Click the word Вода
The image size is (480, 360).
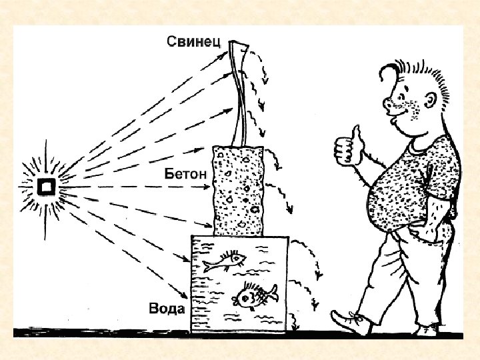[167, 309]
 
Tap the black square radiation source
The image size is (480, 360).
[47, 187]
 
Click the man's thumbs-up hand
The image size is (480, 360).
[347, 147]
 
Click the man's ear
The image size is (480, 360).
[427, 99]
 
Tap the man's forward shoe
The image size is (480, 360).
[351, 323]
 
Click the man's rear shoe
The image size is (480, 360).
[427, 329]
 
